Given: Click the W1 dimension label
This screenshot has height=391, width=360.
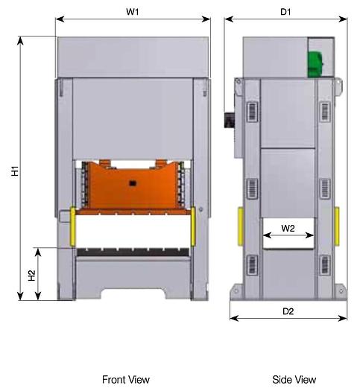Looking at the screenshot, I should click(133, 11).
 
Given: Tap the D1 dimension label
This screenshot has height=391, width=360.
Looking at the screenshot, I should click(285, 11).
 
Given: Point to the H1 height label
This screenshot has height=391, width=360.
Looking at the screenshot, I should click(14, 171).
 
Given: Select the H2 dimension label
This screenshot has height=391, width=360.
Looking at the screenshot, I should click(32, 275).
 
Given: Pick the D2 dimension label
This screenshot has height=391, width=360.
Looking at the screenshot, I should click(288, 311).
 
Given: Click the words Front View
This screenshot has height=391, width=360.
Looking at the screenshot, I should click(125, 380).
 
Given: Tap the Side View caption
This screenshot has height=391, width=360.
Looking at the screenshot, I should click(294, 380).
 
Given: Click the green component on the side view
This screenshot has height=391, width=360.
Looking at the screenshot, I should click(316, 58).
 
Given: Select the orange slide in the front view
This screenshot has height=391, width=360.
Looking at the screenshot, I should click(132, 186).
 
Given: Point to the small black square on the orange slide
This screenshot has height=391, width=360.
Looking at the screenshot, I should click(132, 182).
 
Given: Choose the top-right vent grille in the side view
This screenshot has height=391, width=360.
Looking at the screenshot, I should click(325, 110).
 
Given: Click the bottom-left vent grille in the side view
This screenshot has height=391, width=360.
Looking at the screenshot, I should click(251, 264).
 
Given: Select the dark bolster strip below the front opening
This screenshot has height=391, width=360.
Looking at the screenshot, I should click(133, 255).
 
